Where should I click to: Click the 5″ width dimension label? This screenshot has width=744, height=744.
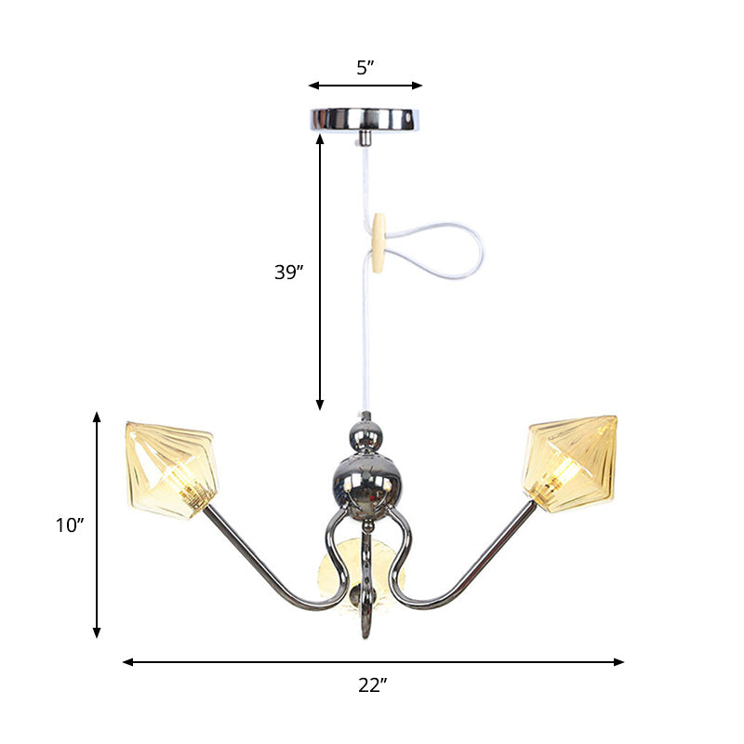365,67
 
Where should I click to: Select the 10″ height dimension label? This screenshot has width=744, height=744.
69,525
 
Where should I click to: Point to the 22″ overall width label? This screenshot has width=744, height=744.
372,685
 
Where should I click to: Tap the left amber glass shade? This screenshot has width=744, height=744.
174,468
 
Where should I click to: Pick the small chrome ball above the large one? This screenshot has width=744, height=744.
365,433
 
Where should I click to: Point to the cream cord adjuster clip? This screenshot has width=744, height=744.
379,243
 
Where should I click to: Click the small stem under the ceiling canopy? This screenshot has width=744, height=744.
365,138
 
